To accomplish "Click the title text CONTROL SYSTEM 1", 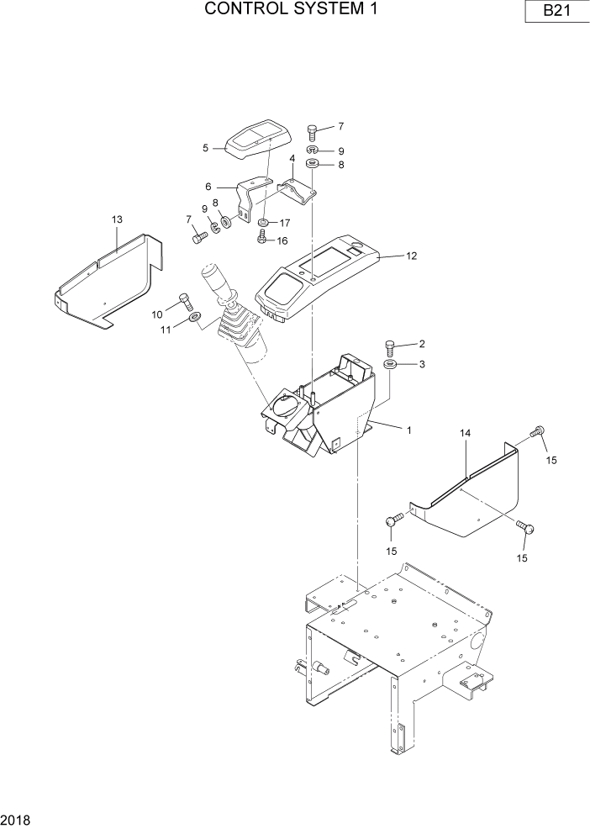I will point(290,10).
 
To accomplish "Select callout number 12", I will point(411,256).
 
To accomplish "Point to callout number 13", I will point(117,219).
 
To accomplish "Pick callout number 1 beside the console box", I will point(408,430).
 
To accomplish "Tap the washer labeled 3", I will point(391,365).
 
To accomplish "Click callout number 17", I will point(285,224).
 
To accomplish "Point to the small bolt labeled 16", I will point(261,239).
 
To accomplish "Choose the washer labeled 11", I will point(195,318).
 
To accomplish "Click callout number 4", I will point(292,158).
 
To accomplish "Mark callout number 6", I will point(208,187).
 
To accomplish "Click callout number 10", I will point(157,314).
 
